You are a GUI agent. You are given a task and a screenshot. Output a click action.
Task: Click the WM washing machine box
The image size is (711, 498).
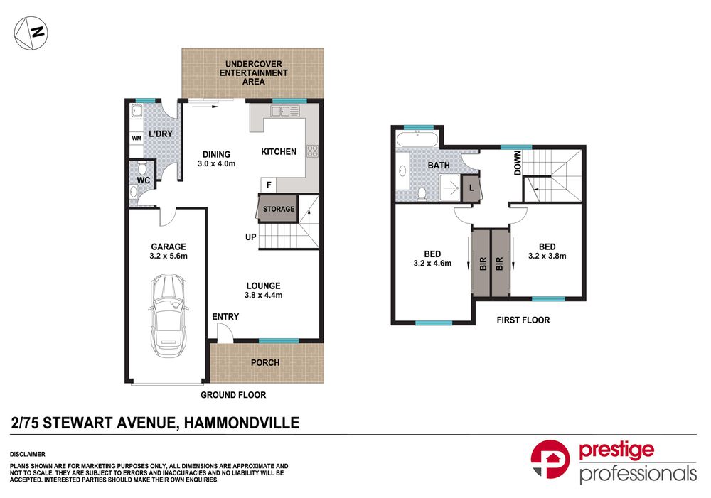click(135, 139)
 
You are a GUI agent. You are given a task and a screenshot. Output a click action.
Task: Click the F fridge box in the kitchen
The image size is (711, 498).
click(268, 185)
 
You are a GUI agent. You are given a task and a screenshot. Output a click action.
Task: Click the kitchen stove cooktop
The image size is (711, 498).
click(311, 151)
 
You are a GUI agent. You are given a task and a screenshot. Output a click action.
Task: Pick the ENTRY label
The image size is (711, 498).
click(225, 317)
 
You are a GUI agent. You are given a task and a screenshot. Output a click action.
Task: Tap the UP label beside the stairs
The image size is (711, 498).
click(250, 237)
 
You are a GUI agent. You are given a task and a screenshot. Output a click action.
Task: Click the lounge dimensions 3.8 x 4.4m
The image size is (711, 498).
click(259, 296)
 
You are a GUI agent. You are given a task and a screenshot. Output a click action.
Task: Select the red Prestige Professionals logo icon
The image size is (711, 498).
click(550, 462)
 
